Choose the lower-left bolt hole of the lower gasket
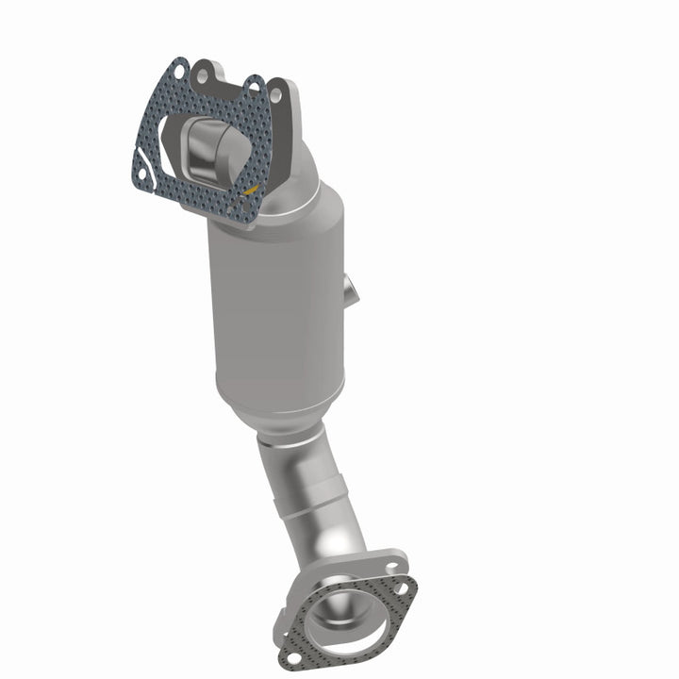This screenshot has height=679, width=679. click(x=293, y=650)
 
